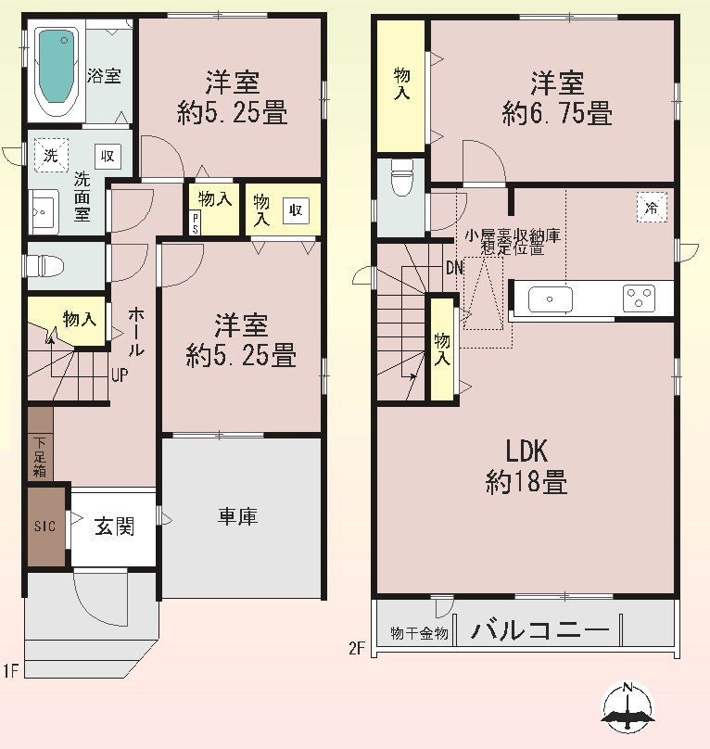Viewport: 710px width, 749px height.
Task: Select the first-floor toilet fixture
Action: pos(46,266)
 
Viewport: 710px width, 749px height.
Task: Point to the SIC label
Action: pos(45,526)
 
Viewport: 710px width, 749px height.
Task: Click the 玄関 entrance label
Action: pos(114,526)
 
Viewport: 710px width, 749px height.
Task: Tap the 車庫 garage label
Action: pos(237,517)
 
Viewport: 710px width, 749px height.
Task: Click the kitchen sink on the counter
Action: pos(550,299)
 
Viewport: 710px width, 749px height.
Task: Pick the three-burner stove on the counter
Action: pos(637,298)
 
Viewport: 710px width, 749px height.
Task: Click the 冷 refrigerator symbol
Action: pos(651,208)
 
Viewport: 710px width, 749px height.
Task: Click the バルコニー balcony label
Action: pos(540,632)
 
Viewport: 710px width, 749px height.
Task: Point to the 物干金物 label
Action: pos(419,633)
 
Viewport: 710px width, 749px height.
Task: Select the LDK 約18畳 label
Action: pos(526,466)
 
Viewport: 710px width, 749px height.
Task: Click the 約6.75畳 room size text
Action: pos(556,114)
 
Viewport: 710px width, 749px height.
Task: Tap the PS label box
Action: pos(195,223)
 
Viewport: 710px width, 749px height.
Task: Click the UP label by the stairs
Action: pos(120,376)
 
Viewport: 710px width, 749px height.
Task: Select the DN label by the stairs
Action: pos(454,268)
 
